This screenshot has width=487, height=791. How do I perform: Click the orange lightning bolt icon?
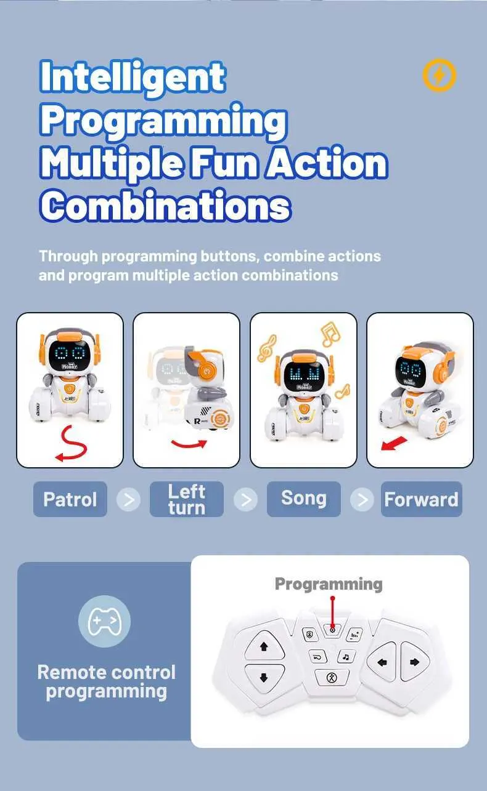tap(440, 75)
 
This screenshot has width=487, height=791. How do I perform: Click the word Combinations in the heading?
tap(165, 205)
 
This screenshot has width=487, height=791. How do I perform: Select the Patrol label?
tap(70, 499)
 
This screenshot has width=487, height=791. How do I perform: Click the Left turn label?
tap(187, 499)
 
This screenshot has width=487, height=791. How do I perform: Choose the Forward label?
tap(422, 499)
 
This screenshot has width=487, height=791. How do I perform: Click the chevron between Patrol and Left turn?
tap(128, 499)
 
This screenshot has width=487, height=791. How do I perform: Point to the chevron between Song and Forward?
tap(362, 499)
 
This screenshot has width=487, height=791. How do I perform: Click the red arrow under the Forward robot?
tap(394, 444)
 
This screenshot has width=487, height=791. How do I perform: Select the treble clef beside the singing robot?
tap(267, 348)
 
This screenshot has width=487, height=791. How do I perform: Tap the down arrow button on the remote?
tap(263, 677)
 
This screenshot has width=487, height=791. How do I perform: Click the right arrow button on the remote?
tap(415, 662)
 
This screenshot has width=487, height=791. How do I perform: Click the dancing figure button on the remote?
tap(332, 678)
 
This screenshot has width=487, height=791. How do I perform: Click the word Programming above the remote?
tap(329, 585)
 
